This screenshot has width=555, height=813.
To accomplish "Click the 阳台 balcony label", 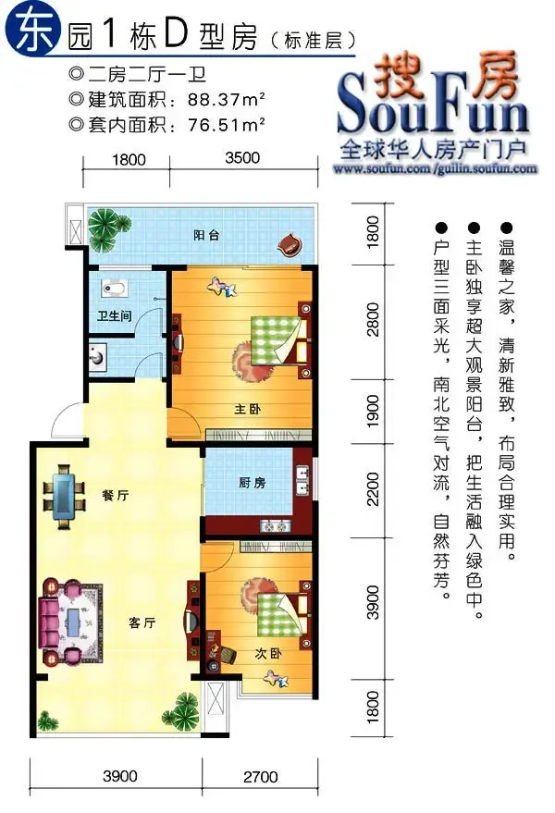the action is (x=206, y=235).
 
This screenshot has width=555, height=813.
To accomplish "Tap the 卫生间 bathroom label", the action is (x=114, y=315).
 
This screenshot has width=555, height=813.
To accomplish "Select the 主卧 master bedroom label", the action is (x=247, y=409).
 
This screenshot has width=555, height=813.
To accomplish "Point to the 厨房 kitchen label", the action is (x=253, y=483).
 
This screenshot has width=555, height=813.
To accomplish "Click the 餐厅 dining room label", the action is (x=115, y=495).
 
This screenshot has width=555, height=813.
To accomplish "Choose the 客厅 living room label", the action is (x=142, y=622).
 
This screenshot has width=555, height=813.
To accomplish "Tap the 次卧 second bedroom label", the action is (x=268, y=653).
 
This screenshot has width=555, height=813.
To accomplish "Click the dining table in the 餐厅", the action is (x=65, y=496).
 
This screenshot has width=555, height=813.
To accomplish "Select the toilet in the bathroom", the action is (x=114, y=289).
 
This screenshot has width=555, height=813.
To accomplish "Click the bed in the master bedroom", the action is (x=279, y=339).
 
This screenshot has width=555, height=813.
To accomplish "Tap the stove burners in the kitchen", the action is (x=276, y=526).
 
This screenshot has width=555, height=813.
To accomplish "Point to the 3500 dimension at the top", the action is (x=242, y=157).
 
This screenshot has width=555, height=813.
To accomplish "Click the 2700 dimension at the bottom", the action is (x=260, y=776).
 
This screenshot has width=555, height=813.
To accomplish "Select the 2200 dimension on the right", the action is (x=373, y=489).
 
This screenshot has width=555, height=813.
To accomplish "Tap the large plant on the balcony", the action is (x=105, y=228).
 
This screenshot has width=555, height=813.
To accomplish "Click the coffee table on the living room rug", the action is (x=73, y=622).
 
